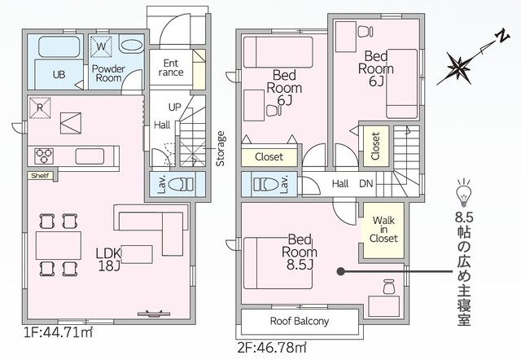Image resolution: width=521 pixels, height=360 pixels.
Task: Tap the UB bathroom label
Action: (59, 75)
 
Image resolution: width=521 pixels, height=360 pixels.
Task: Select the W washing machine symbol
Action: (102, 46)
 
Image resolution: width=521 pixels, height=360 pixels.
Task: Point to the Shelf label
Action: (38, 175)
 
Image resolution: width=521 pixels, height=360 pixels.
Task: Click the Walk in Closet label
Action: (384, 230)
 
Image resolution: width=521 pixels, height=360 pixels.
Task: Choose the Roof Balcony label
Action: (300, 322)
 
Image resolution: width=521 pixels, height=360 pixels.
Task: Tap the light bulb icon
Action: (464, 193)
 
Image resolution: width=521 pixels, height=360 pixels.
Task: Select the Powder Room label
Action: (107, 74)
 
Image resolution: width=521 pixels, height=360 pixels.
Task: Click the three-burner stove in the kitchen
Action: (43, 154)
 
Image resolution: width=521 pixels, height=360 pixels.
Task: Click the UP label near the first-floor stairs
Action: (174, 107)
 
